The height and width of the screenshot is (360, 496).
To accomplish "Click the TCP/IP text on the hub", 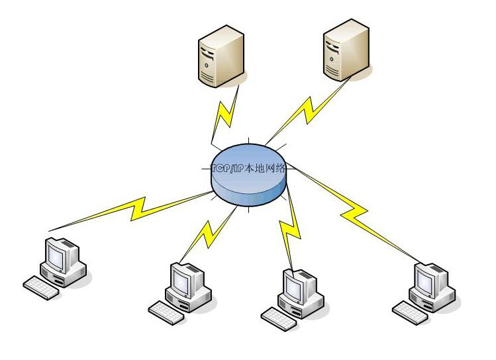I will (x=226, y=168).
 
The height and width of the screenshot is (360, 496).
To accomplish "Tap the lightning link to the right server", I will (x=305, y=109).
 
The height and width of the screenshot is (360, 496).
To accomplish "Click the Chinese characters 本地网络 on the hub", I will (x=265, y=168).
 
